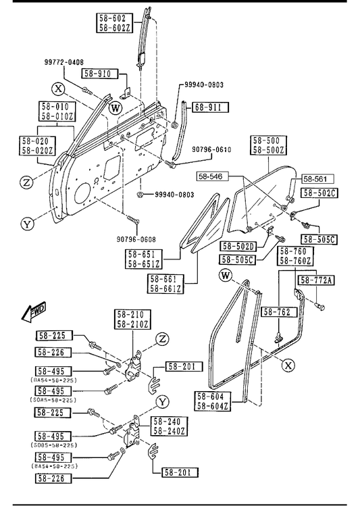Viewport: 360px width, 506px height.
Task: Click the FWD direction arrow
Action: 34,312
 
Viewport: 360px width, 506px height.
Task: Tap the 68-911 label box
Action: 211,107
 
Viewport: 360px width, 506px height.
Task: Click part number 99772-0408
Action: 64,62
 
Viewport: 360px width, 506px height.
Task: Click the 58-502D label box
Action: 238,246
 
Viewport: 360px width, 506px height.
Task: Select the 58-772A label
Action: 316,280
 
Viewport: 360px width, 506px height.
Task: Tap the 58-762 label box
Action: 277,311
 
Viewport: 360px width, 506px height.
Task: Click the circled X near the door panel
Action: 58,88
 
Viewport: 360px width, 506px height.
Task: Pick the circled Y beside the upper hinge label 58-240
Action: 163,402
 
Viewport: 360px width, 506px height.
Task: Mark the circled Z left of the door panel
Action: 26,182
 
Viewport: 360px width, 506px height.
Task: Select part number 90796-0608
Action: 136,239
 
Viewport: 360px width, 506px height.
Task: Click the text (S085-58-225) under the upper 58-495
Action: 54,400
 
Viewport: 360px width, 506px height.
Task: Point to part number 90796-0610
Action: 211,149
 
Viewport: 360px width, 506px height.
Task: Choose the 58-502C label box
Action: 319,193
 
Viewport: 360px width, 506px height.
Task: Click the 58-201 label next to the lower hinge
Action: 180,472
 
